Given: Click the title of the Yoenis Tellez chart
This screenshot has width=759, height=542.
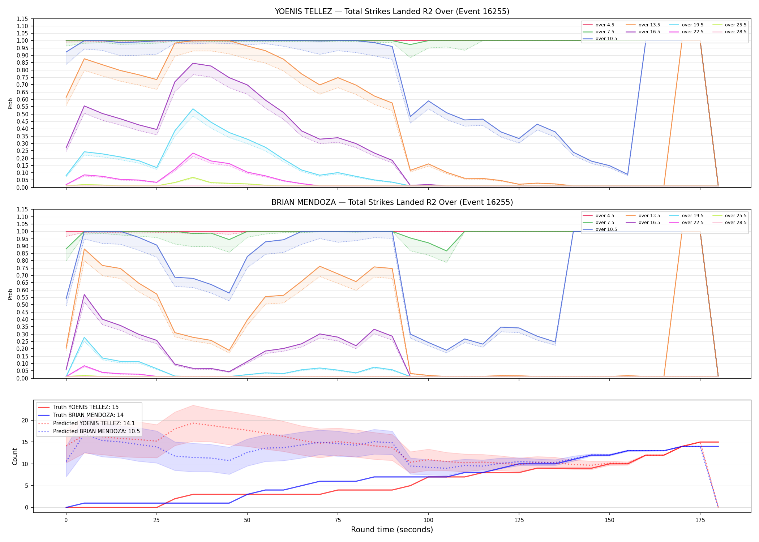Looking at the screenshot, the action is pos(392,12).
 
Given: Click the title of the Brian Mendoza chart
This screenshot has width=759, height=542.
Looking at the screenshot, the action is pos(392,202).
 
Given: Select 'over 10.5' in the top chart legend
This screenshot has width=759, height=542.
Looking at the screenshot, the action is pos(606,39).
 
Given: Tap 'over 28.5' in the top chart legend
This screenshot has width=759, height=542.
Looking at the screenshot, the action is pos(736,32).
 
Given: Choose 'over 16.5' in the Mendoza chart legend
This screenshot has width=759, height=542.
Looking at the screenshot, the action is pos(649,223).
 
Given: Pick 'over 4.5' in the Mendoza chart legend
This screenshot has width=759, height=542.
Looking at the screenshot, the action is pos(605,216).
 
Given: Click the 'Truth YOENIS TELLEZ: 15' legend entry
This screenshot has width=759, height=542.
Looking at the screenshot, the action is pos(86,407).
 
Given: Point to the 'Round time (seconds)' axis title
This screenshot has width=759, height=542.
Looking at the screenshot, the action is pos(392,530).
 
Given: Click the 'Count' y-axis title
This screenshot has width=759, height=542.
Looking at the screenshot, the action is pos(15,456).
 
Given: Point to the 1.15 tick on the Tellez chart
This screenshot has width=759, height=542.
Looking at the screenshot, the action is pos(22,19).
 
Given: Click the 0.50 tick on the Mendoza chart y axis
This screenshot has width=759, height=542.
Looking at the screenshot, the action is pos(22,305).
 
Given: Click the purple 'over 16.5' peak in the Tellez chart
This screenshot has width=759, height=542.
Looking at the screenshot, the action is pos(193,63).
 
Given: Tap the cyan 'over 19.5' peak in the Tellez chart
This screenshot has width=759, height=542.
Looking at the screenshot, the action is pos(193,109).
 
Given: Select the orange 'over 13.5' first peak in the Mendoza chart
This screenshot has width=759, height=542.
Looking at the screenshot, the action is pos(84,249).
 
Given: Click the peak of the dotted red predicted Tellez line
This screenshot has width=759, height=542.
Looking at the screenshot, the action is pos(193,423).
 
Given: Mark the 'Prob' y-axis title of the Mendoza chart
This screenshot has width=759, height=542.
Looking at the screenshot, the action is pos(10,294).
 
